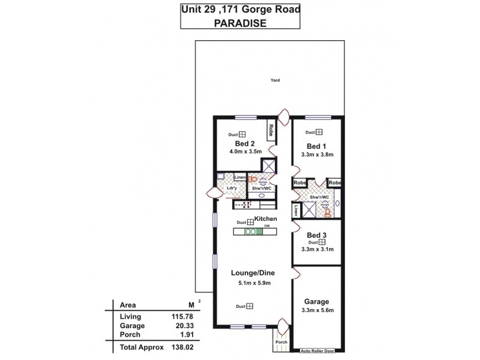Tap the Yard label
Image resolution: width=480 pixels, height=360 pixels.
tap(275, 80)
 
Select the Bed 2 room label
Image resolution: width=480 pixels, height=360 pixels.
tap(241, 144)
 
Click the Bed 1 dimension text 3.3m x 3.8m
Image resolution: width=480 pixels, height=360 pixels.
tap(317, 155)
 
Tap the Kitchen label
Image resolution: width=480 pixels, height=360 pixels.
tap(265, 219)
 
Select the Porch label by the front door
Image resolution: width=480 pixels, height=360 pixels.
tap(281, 343)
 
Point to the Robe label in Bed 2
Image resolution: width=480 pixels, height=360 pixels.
tap(271, 130)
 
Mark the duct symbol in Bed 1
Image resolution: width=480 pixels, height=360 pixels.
tap(320, 133)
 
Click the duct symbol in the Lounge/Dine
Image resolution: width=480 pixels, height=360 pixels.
tap(250, 307)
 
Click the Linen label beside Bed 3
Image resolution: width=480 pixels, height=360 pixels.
tap(297, 211)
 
